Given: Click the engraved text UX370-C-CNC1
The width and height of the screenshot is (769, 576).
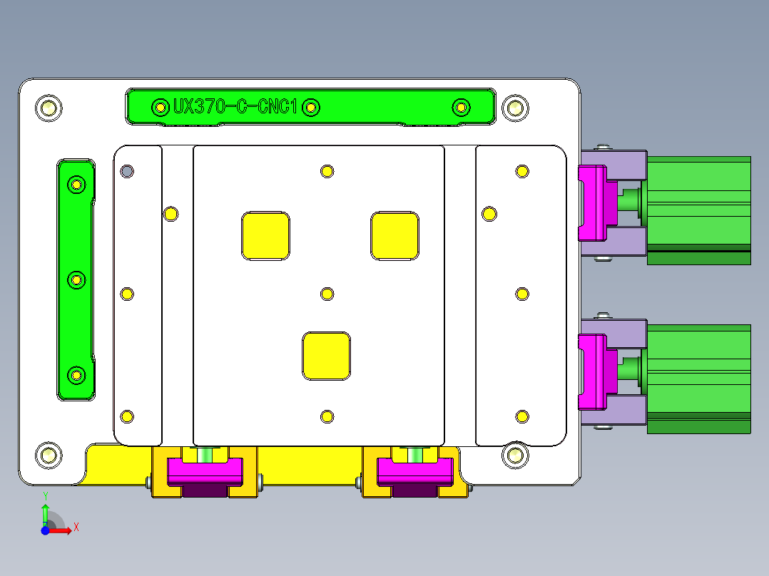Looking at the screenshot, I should pyautogui.click(x=235, y=108).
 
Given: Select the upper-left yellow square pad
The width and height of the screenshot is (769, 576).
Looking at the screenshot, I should pyautogui.click(x=266, y=235).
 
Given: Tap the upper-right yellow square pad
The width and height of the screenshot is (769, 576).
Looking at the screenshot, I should pyautogui.click(x=394, y=235).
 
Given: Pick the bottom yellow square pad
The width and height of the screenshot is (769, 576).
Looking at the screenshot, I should pyautogui.click(x=327, y=356).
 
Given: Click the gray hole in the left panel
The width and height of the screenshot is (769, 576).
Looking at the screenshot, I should pyautogui.click(x=127, y=171).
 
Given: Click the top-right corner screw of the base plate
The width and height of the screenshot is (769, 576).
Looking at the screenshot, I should pyautogui.click(x=514, y=108).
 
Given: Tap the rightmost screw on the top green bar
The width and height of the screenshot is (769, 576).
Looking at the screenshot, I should pyautogui.click(x=462, y=108).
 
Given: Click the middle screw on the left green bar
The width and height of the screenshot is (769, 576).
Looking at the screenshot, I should pyautogui.click(x=76, y=280).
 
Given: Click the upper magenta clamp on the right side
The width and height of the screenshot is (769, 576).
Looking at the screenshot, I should pyautogui.click(x=591, y=202).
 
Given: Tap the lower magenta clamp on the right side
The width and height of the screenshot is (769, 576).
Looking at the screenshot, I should pyautogui.click(x=591, y=372).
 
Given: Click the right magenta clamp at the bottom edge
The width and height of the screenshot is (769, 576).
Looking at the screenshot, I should pyautogui.click(x=414, y=471).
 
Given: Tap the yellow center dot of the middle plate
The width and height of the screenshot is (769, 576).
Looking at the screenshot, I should pyautogui.click(x=327, y=294).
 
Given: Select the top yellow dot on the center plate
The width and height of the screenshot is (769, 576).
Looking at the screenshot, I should pyautogui.click(x=327, y=171).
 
